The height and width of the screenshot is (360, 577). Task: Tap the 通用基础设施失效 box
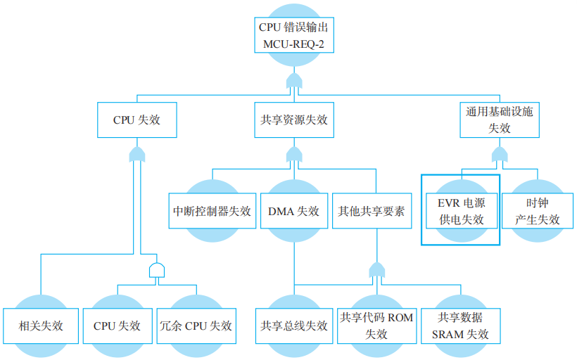coord(500,120)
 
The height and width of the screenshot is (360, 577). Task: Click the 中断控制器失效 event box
coord(212,211)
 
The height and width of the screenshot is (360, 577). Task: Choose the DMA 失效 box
coord(293,211)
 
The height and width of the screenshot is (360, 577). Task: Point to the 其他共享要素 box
coord(371,211)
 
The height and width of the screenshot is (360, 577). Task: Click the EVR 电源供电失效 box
coord(461,210)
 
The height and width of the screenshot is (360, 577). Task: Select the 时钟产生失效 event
coord(538,211)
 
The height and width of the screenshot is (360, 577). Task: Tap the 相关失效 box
coord(41,326)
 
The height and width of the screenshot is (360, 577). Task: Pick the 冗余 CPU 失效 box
coord(196,326)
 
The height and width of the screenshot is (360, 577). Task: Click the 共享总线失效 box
coord(293,326)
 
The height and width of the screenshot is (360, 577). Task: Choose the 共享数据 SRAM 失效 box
coord(463,326)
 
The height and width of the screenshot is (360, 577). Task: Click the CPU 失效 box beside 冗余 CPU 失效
coord(118,326)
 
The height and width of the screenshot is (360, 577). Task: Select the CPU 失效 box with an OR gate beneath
coord(137,120)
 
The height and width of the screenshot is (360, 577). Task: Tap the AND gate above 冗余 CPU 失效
coord(157,271)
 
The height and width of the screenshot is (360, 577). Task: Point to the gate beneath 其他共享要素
coord(377,270)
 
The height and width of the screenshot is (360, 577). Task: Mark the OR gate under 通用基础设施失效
coord(500,154)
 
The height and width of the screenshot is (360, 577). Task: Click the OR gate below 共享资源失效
coord(293,154)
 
